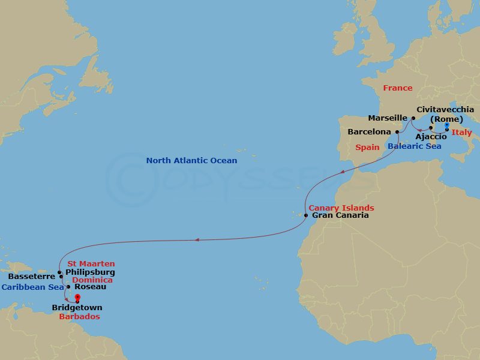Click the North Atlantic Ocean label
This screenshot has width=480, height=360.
[x=191, y=161]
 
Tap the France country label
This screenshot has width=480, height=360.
[x=398, y=88]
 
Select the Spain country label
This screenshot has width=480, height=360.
[x=367, y=146]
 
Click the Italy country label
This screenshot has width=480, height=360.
[x=461, y=133]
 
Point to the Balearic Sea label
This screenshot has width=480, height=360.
[x=414, y=146]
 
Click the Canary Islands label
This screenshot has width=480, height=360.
[x=341, y=208]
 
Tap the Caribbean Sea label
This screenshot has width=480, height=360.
[x=32, y=287]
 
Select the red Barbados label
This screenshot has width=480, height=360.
[x=79, y=316]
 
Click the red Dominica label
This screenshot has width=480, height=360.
[x=92, y=280]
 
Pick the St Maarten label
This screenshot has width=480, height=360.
[x=91, y=264]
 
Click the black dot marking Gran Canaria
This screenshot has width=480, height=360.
[x=306, y=215]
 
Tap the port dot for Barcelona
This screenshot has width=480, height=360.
[x=397, y=132]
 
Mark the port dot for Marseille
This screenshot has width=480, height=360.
[x=413, y=118]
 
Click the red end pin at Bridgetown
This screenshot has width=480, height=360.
[x=77, y=296]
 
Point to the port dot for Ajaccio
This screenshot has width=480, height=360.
[x=431, y=128]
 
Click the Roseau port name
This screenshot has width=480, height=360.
[x=90, y=287]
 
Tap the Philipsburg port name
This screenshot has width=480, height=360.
[x=90, y=272]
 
